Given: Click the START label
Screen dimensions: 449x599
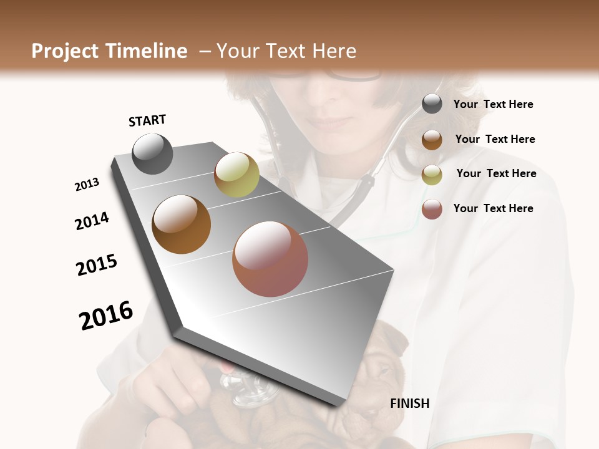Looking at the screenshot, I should pos(147,120).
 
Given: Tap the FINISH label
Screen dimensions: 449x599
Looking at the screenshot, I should pos(410,403).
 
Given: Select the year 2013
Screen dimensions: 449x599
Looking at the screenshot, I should pos(87,185).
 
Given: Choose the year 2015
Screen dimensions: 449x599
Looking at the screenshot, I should pos(97,265).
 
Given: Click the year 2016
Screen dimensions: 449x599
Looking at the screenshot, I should pos(106,316).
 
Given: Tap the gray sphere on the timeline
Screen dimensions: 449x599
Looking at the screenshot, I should pos(152,153).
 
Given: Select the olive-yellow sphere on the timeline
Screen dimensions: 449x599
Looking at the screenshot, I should pos(236,175).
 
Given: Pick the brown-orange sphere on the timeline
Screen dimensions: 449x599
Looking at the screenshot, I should pos(181,224).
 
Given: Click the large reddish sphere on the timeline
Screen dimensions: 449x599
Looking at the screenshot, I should pos(270,259).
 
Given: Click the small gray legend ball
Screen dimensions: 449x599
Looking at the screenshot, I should pos(432,104).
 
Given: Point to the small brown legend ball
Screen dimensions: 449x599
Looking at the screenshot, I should pos(432,140).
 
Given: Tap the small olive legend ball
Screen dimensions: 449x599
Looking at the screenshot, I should pos(432,174).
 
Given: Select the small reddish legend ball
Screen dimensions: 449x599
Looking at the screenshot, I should pos(432,209).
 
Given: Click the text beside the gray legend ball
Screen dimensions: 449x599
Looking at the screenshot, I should pos(493,105).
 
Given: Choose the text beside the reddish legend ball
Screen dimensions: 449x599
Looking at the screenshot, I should pos(493,208).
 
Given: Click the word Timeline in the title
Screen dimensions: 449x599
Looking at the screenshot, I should pos(147,51).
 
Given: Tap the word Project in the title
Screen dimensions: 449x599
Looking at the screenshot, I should pos(66,51).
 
